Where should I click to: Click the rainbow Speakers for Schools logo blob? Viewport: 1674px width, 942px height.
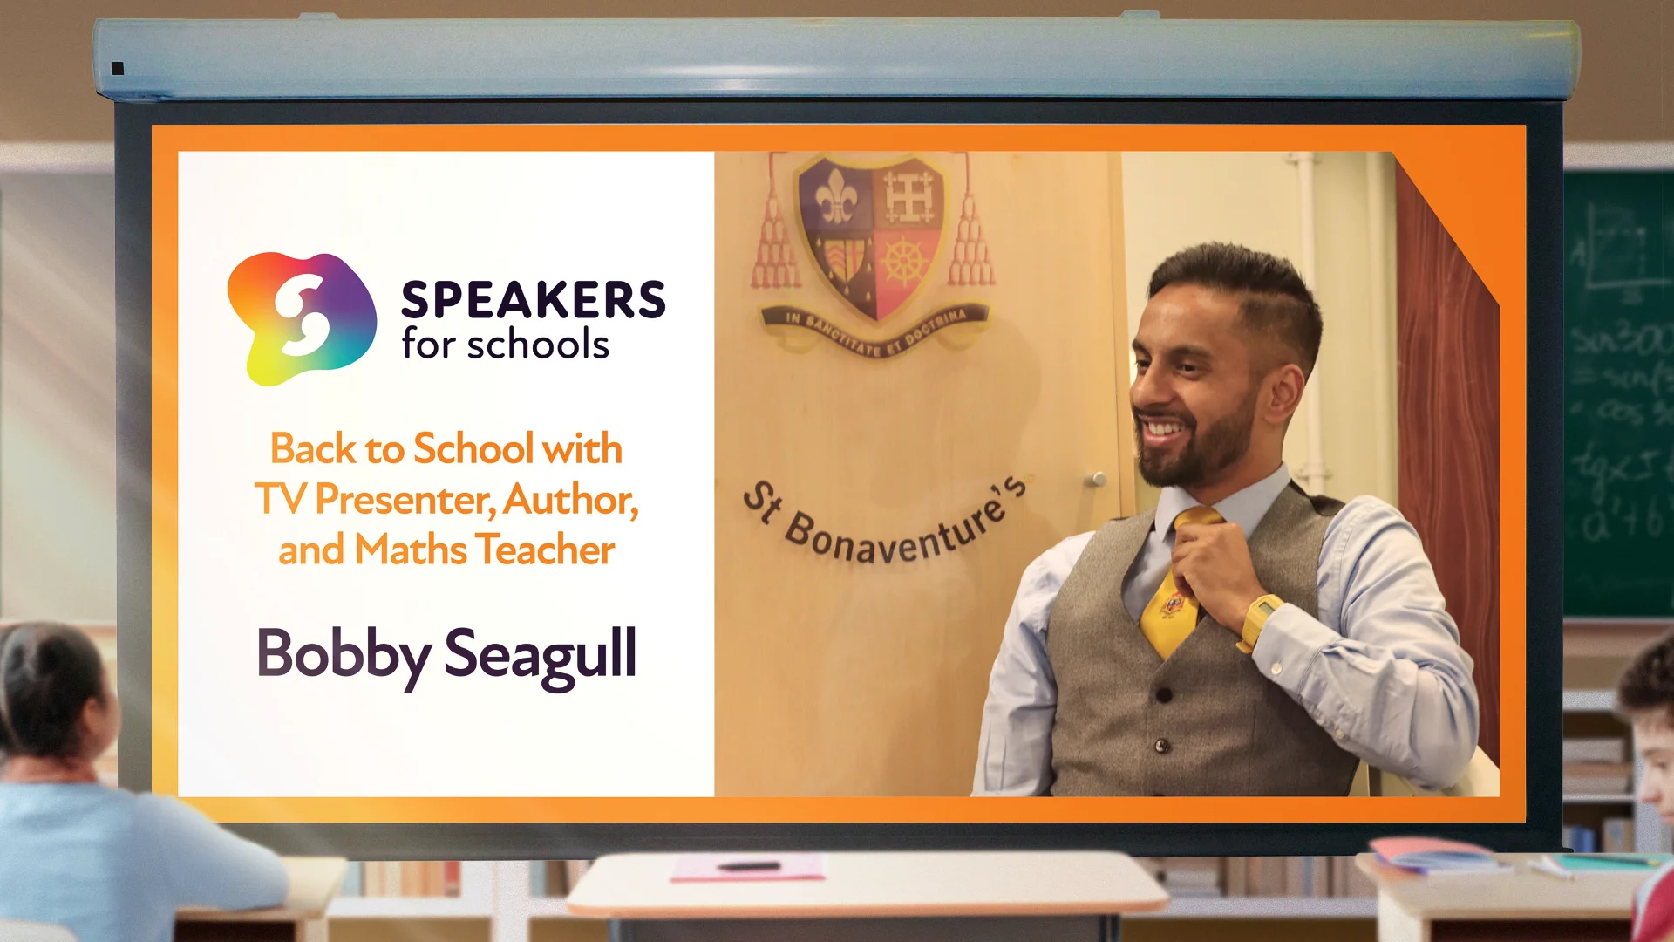pos(301,317)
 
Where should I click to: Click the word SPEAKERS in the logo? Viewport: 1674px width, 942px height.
pos(533,300)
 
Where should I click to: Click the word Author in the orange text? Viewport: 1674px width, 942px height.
pos(568,500)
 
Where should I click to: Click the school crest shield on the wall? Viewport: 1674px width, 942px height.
pos(869,235)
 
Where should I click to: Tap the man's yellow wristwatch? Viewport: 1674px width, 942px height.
pos(1258,619)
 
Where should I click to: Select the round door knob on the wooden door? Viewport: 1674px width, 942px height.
pos(1098,479)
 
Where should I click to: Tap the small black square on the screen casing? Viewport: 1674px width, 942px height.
pos(118,68)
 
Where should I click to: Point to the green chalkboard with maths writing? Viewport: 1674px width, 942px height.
pos(1618,392)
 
